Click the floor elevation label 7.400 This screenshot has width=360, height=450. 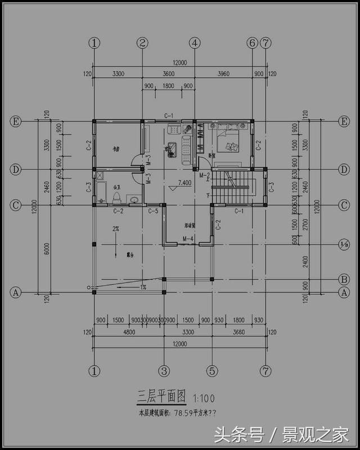[184, 183]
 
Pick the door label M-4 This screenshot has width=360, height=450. [188, 238]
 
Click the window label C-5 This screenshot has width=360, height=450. [153, 211]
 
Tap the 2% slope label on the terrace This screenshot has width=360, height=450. [115, 229]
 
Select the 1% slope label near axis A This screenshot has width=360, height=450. [143, 287]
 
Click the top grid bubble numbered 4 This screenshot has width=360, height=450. [195, 43]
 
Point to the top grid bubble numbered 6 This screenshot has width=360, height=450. [252, 43]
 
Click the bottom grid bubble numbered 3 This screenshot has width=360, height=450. [164, 371]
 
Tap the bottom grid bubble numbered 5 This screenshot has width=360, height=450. [212, 371]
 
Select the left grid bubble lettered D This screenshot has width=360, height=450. [16, 169]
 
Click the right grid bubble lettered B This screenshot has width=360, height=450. [344, 279]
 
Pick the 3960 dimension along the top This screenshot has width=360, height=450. [224, 74]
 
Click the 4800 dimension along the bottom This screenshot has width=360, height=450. [129, 332]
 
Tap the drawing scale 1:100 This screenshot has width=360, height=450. [203, 398]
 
